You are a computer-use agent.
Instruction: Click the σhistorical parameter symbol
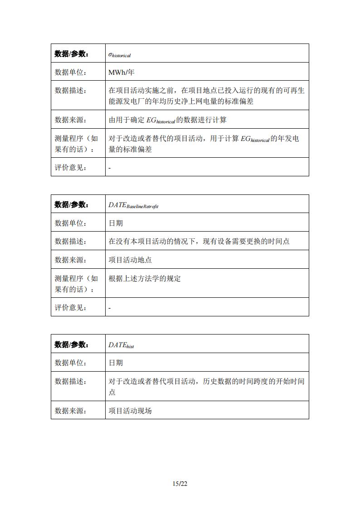pos(119,54)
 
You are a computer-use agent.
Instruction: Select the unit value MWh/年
pos(122,73)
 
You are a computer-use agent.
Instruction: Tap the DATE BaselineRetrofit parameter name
pos(133,205)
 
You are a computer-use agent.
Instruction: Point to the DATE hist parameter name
pos(121,345)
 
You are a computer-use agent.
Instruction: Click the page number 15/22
pos(180,484)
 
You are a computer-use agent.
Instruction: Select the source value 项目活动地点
pos(130,260)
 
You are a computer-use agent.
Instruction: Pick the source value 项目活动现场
pos(130,411)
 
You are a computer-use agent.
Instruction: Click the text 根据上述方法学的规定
pos(145,278)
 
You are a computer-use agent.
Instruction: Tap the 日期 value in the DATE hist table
pos(116,363)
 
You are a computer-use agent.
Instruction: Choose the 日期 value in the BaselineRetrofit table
pos(116,223)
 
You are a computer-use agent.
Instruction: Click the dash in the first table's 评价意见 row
pos(110,168)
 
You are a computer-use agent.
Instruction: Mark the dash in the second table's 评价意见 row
pos(110,308)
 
